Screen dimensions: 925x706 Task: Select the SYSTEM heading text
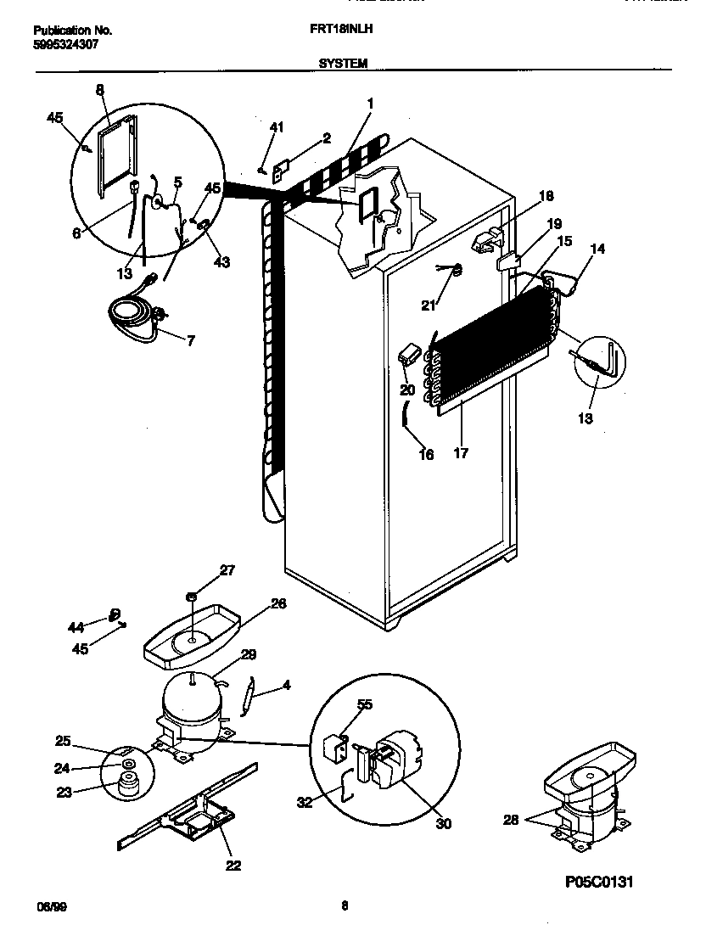pos(343,63)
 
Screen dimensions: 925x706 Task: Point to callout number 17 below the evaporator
pos(461,453)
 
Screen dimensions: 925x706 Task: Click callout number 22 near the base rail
pos(233,866)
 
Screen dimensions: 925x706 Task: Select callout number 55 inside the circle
pos(365,705)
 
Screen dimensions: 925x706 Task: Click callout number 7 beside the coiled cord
pos(191,341)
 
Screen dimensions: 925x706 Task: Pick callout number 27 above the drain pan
pos(227,570)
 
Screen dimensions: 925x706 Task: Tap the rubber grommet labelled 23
pos(128,788)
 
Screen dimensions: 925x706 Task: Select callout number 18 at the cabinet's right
pos(546,196)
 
